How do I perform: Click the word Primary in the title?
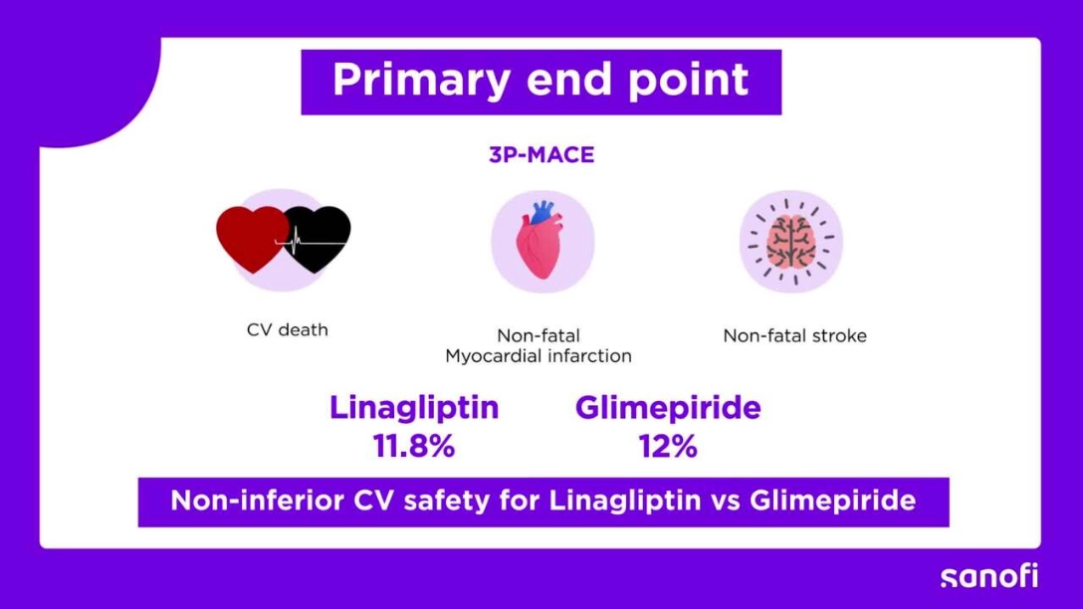click(421, 81)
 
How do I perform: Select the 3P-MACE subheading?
click(541, 154)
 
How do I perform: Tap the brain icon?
click(791, 241)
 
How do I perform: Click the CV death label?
click(288, 330)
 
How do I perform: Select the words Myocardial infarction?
click(539, 355)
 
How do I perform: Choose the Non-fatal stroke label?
click(794, 335)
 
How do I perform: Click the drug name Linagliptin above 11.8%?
click(414, 407)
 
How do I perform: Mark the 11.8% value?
click(414, 446)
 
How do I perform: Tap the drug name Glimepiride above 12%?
click(668, 407)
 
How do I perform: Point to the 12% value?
click(668, 446)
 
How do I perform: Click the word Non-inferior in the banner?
click(257, 500)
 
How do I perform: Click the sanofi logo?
click(989, 576)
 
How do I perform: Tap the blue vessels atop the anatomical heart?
click(543, 211)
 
